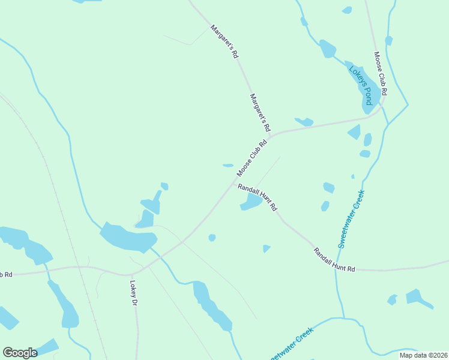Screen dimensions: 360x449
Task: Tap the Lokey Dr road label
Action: coord(133,295)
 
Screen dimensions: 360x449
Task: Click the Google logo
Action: coord(20,352)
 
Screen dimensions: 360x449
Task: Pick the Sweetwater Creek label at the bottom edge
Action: coord(291,345)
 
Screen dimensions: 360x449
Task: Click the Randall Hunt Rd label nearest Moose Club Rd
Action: coord(257,197)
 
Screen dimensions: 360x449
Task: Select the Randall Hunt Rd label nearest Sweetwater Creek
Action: coord(334,260)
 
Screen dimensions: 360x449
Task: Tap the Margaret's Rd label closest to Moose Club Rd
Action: coord(260,113)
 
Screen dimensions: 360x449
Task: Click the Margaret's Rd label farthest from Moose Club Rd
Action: coord(224,41)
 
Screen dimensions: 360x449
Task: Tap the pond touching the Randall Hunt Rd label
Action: coord(250,204)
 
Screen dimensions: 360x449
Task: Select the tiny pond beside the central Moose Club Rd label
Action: coord(228,166)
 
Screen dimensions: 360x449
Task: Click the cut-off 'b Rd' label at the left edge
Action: coord(6,275)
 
